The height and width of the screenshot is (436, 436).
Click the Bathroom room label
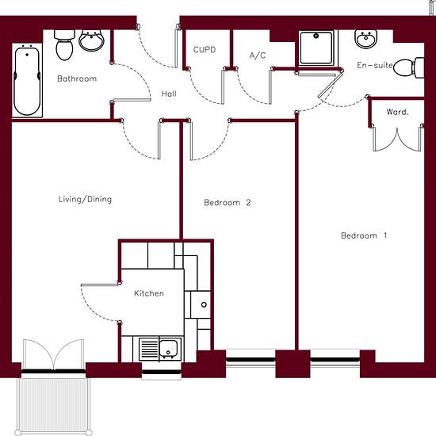[x=77, y=78]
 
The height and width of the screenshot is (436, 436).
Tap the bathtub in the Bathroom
[x=27, y=81]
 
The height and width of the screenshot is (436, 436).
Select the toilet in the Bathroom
[x=64, y=44]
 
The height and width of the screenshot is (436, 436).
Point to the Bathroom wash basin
[x=91, y=40]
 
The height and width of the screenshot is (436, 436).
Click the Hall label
[x=169, y=94]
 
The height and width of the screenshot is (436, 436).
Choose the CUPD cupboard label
[x=205, y=50]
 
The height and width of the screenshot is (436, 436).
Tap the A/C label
[x=258, y=55]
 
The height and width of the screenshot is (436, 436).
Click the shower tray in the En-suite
[x=316, y=48]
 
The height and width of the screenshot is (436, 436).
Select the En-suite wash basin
[x=366, y=39]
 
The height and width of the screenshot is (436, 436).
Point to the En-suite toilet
[x=409, y=67]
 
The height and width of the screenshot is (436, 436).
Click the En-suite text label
[x=375, y=65]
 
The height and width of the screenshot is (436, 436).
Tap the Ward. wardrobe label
[x=397, y=112]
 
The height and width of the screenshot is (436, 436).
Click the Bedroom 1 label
[x=364, y=235]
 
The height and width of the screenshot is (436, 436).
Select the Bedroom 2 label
[x=228, y=202]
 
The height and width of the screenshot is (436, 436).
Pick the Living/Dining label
[x=85, y=199]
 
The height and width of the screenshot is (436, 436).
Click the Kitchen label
[x=149, y=293]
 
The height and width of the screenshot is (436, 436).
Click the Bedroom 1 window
[x=335, y=360]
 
